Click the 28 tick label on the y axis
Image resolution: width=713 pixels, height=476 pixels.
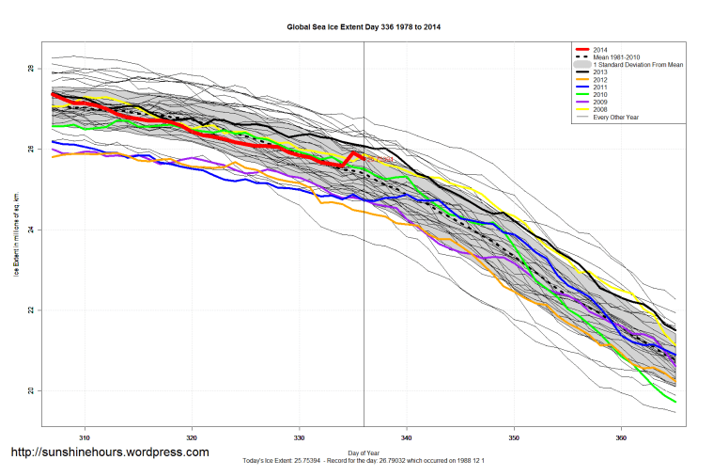(x=30, y=70)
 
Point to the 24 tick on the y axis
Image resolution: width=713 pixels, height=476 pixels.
(x=30, y=230)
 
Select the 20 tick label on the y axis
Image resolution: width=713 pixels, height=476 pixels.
(x=30, y=390)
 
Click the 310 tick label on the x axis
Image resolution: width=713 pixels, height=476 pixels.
(x=85, y=437)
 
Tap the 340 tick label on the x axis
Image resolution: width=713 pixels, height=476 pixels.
(x=407, y=437)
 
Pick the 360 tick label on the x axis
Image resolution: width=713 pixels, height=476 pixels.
(x=621, y=437)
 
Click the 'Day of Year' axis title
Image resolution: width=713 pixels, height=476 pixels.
(x=364, y=451)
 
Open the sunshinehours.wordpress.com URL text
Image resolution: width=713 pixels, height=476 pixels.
(x=109, y=452)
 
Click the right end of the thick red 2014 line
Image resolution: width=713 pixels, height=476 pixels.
(x=364, y=157)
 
